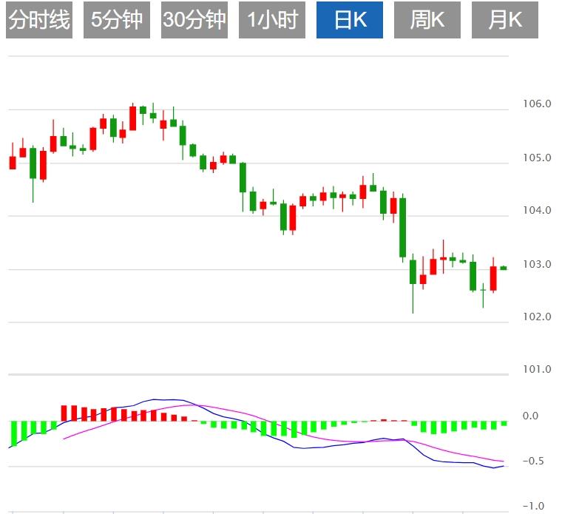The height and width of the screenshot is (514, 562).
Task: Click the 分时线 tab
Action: (38, 20)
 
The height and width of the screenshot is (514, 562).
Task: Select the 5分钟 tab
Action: (116, 20)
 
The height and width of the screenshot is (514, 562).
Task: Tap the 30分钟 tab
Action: (194, 20)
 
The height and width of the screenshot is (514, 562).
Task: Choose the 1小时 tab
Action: (271, 20)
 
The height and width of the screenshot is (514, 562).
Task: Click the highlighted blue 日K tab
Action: (350, 20)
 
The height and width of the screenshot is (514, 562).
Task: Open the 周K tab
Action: (427, 20)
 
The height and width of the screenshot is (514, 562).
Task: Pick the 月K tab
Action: (504, 20)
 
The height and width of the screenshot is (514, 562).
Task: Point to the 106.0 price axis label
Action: (537, 104)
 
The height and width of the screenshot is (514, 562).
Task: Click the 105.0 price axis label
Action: (537, 158)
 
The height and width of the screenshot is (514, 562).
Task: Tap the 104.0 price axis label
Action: (537, 211)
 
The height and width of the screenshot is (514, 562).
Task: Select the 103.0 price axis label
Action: (537, 264)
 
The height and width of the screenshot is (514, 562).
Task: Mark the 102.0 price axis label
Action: (537, 317)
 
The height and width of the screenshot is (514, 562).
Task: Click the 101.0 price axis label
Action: (537, 370)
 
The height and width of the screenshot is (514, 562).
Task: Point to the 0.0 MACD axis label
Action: (530, 416)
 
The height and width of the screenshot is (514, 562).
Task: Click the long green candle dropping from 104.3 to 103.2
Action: (403, 227)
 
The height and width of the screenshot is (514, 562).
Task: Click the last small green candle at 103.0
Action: (504, 268)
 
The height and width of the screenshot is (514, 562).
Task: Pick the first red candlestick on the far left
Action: (13, 163)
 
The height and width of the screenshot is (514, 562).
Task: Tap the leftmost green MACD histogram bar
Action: (13, 433)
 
